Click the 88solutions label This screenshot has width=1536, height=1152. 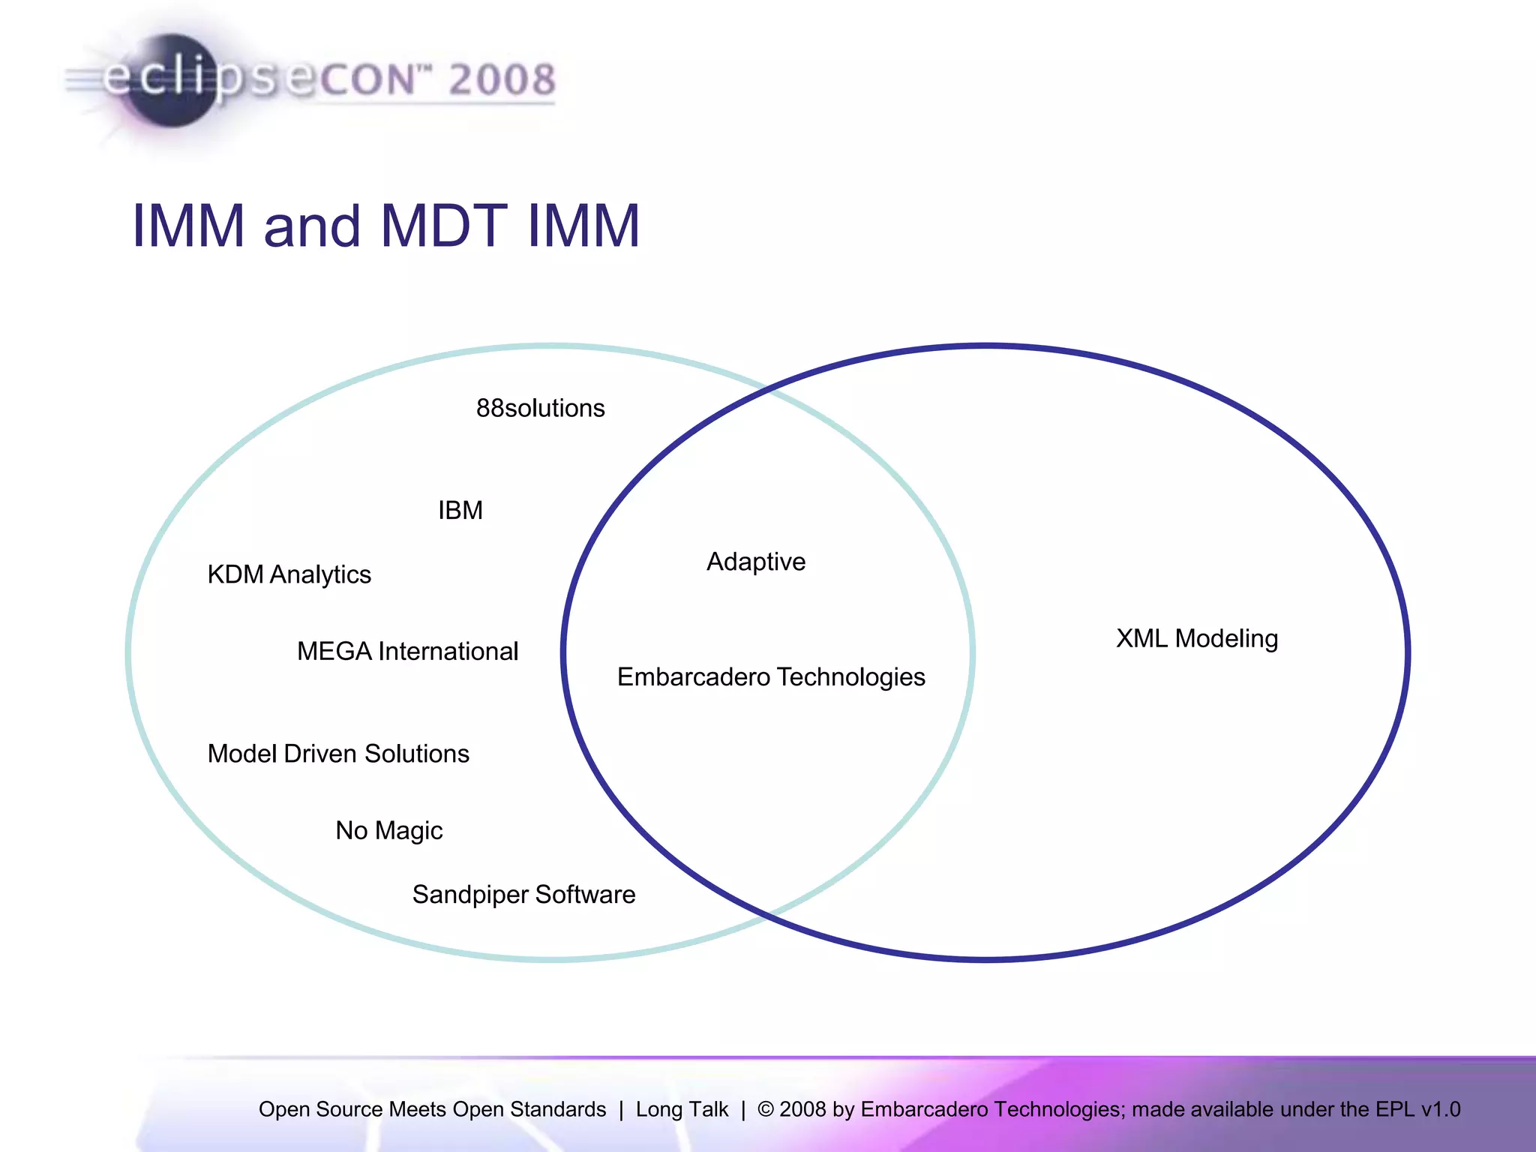(x=540, y=408)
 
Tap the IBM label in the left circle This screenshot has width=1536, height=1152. (x=460, y=511)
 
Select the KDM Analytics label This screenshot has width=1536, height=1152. (x=289, y=574)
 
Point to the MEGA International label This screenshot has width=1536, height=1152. (x=407, y=651)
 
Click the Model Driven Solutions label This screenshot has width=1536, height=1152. (x=338, y=754)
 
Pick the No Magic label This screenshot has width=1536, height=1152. (x=388, y=830)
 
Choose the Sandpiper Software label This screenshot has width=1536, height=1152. (x=523, y=895)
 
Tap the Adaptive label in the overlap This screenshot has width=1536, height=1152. (x=756, y=562)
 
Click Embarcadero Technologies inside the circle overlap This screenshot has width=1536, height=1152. (x=771, y=677)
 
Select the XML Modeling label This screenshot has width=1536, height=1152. (x=1197, y=638)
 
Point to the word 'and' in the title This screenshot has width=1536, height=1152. (x=312, y=226)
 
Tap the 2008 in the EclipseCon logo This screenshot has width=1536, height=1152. (x=502, y=79)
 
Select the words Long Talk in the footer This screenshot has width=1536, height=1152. (x=682, y=1109)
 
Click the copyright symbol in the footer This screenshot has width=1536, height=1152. (x=765, y=1109)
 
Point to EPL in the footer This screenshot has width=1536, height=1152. (x=1395, y=1109)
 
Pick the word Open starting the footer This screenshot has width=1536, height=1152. (x=283, y=1109)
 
